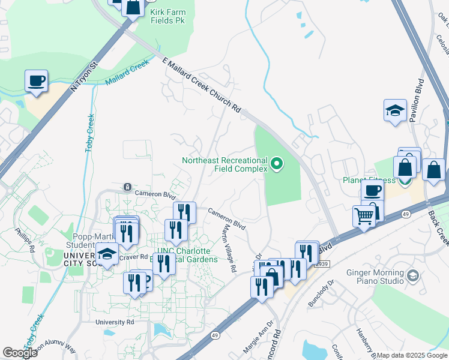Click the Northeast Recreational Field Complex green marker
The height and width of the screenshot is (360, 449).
tap(276, 163)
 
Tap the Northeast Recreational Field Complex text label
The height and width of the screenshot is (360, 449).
tap(224, 164)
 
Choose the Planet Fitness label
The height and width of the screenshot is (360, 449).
tap(369, 180)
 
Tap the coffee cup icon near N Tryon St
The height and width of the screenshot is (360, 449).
tap(36, 80)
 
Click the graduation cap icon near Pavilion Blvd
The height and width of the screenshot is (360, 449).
tap(395, 110)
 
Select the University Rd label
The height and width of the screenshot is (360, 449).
tap(114, 322)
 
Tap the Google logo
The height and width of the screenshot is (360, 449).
tap(20, 353)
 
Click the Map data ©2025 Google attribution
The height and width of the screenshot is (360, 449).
tap(412, 355)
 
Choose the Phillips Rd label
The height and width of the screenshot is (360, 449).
tap(23, 238)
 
